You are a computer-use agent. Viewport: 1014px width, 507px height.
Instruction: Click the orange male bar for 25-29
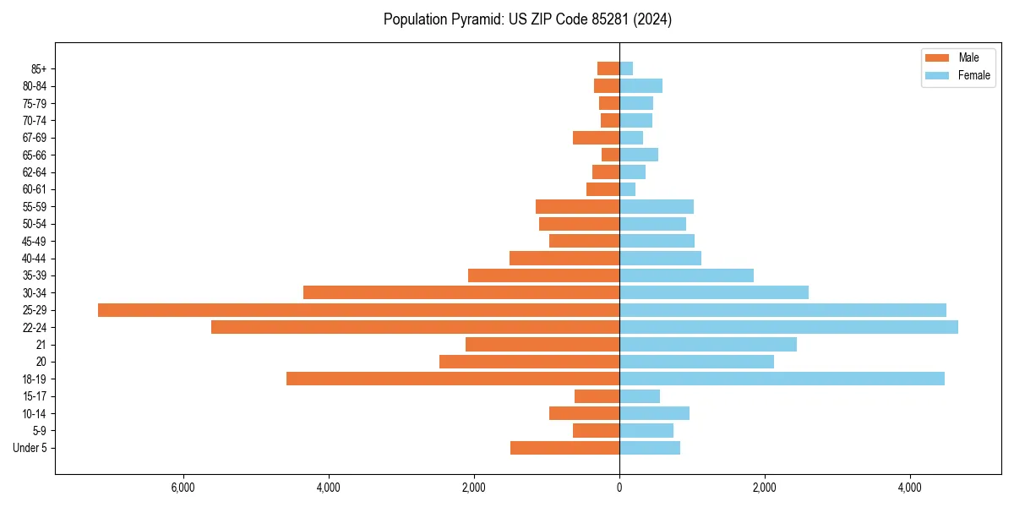358,310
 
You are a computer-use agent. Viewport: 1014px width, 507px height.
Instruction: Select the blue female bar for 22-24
788,327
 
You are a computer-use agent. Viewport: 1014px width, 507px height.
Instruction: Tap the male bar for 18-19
453,379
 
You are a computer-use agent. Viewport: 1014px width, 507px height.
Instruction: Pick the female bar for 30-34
714,292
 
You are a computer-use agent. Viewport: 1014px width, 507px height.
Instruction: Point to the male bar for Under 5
564,448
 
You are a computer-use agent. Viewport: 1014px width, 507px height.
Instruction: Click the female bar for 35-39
686,275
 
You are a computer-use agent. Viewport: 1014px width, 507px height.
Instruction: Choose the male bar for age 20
529,362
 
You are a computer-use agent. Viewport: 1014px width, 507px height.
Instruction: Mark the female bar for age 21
708,345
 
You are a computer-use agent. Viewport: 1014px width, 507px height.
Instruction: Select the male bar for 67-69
596,138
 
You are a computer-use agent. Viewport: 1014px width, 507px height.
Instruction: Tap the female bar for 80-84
641,85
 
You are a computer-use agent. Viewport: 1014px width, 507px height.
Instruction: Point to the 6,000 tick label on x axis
183,488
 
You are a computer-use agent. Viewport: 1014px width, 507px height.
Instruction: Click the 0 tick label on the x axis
619,488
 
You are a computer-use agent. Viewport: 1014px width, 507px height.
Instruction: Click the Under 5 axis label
30,448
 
